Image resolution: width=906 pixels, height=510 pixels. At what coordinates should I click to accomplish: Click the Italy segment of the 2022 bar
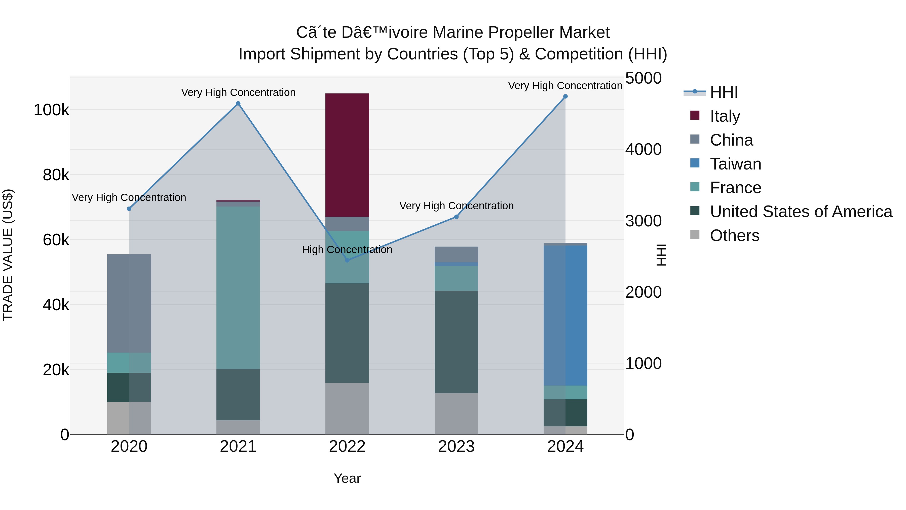(347, 155)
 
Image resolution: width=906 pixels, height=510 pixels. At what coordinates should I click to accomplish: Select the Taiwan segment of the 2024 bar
(565, 315)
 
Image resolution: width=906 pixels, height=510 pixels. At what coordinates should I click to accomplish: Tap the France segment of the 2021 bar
(238, 288)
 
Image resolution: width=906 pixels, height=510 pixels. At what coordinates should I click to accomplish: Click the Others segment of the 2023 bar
(456, 414)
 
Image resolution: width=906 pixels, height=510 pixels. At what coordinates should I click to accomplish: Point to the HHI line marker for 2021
(238, 104)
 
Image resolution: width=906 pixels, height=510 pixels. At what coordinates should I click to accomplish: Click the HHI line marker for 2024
(565, 96)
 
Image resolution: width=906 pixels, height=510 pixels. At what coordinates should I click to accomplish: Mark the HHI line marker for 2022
(347, 260)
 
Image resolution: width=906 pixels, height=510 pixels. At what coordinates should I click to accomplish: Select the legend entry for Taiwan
(735, 164)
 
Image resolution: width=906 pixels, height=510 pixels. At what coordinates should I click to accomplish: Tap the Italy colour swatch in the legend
(695, 115)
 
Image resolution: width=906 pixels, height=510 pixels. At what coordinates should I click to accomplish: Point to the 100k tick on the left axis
(51, 110)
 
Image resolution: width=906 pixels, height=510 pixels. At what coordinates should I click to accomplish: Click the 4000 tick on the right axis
(643, 149)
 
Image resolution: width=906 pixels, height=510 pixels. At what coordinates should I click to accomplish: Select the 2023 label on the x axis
(456, 447)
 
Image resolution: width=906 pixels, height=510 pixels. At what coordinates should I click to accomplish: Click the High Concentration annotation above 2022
(347, 250)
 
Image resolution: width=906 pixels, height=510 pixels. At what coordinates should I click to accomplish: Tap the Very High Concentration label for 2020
(129, 197)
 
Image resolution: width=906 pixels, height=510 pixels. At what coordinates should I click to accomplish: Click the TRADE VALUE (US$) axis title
(8, 255)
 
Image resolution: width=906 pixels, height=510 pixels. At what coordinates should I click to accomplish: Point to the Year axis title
(347, 478)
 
